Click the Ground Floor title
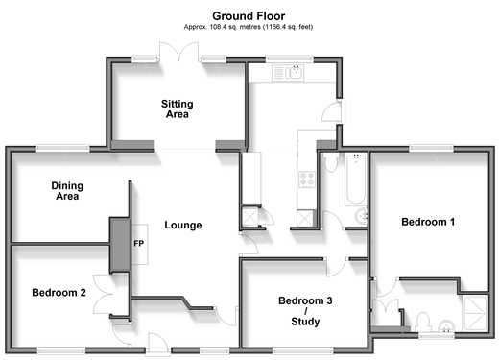point(249,16)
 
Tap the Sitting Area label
point(178,109)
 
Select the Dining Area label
point(67,191)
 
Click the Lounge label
point(183,225)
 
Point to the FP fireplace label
point(138,244)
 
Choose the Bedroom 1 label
point(428,222)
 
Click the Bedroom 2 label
point(59,293)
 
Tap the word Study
point(305,322)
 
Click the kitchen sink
point(288,73)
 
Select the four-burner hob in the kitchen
point(307,180)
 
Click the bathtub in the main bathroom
point(355,180)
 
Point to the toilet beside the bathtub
point(330,162)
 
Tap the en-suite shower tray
point(475,314)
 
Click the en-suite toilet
point(423,322)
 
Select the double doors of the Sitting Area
point(179,51)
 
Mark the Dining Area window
point(62,148)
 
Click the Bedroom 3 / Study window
point(302,351)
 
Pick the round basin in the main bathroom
point(362,217)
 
